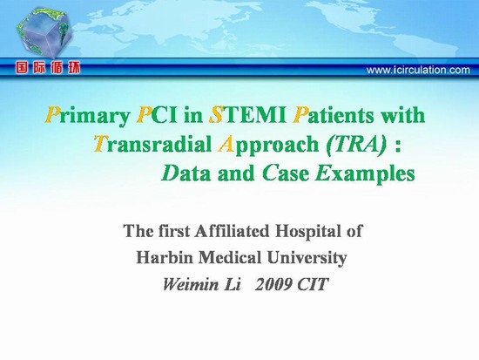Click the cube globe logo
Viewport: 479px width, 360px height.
point(44,33)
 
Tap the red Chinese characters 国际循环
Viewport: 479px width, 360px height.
point(48,68)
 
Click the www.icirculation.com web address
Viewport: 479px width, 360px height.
point(418,70)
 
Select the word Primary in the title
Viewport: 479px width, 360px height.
point(87,117)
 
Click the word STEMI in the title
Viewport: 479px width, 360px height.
point(247,115)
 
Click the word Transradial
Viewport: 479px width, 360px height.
point(152,144)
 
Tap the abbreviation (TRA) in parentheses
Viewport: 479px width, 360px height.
point(356,145)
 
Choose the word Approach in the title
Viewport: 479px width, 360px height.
point(268,145)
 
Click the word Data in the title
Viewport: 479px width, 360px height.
point(186,173)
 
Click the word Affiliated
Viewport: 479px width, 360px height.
point(233,231)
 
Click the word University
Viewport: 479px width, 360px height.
point(307,258)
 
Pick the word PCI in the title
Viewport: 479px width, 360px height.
point(157,115)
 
